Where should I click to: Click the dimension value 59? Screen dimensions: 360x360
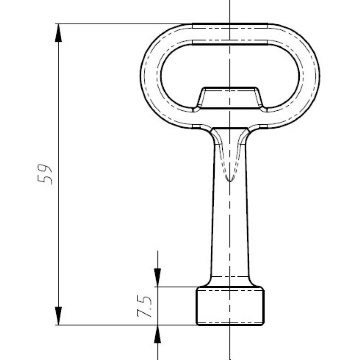click(45, 174)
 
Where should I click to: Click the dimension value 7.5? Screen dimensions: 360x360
click(144, 306)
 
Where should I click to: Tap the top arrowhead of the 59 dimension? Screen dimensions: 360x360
click(58, 33)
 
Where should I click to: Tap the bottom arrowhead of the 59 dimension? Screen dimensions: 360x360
click(58, 316)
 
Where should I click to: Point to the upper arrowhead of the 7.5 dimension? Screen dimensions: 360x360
click(157, 278)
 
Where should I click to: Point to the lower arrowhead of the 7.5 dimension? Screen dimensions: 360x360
click(157, 334)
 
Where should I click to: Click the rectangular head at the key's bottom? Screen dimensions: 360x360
click(230, 306)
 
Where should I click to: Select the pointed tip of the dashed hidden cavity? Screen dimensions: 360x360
click(230, 182)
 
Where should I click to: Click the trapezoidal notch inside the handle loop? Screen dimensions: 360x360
click(230, 98)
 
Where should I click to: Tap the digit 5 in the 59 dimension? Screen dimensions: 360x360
click(45, 180)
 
